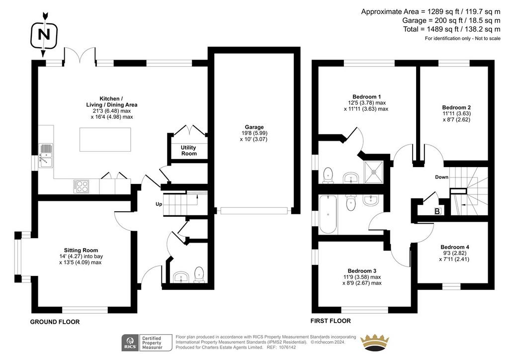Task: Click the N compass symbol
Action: (x=44, y=34)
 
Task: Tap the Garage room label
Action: (x=254, y=127)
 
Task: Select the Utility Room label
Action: (x=188, y=150)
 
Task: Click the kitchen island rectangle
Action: (x=105, y=139)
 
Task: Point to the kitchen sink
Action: (x=45, y=156)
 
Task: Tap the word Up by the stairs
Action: (x=159, y=204)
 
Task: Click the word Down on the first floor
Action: (x=441, y=177)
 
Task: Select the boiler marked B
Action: (x=437, y=211)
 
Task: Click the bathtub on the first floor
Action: (x=328, y=214)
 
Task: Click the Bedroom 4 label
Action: (x=454, y=247)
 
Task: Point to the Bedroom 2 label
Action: (x=456, y=107)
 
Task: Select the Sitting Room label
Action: (x=81, y=250)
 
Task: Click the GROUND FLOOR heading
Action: (x=55, y=322)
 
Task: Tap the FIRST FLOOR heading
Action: (x=331, y=321)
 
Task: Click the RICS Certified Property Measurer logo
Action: (x=147, y=343)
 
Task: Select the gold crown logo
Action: (x=375, y=343)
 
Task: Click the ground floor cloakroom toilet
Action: (x=199, y=274)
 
